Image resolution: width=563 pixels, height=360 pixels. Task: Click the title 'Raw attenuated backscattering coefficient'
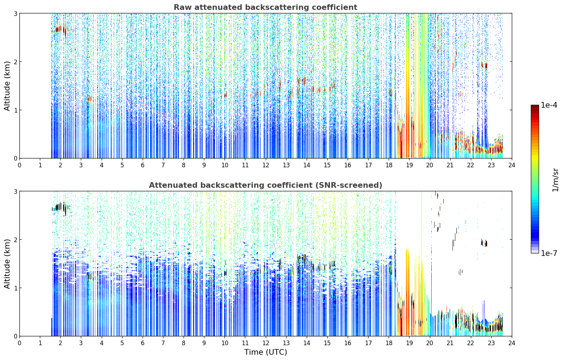(x=265, y=7)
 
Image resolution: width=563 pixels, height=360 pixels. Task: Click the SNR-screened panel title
(x=265, y=185)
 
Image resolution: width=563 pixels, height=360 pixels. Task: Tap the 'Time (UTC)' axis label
(x=265, y=352)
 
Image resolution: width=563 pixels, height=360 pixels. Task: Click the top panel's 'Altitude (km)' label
(x=7, y=86)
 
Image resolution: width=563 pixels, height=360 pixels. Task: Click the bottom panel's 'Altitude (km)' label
(x=7, y=264)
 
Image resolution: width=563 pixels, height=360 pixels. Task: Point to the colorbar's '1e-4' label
(x=549, y=105)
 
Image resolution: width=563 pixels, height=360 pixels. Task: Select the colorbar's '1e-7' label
(x=549, y=253)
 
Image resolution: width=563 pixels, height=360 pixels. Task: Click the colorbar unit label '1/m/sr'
(x=555, y=180)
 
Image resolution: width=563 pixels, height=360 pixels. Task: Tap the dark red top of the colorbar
(x=535, y=107)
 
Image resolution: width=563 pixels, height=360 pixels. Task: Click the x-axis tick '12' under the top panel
(x=266, y=165)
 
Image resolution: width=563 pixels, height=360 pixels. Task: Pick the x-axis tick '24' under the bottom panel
(x=512, y=343)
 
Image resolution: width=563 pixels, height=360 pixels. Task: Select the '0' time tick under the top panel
(x=20, y=165)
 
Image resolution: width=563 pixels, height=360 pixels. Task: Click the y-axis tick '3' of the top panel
(x=15, y=13)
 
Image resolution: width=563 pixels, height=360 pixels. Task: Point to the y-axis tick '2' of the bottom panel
(x=15, y=240)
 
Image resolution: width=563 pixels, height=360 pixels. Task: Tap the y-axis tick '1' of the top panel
(x=15, y=110)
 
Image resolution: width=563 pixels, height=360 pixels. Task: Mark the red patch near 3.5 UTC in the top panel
(x=91, y=98)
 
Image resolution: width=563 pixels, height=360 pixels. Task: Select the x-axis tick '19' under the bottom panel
(x=409, y=343)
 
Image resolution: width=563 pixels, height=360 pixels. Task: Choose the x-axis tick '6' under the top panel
(x=143, y=165)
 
